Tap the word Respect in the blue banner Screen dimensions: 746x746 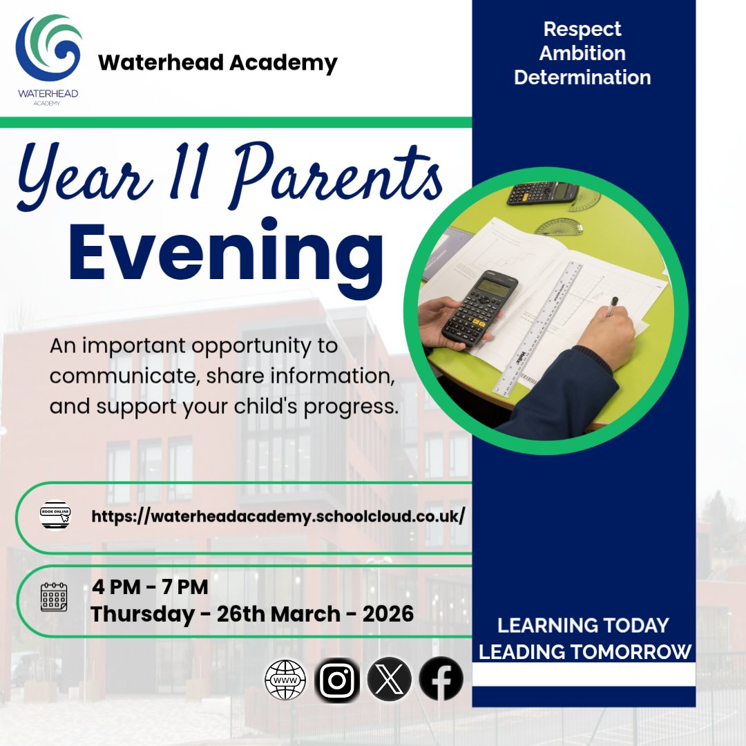coord(582,30)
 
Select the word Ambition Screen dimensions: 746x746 coord(582,53)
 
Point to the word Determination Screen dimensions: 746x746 coord(582,77)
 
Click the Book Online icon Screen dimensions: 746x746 coord(55,515)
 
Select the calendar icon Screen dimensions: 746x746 coord(54,597)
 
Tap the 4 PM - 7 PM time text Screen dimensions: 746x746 coord(151,588)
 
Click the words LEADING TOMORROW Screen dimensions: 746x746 coord(585,651)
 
